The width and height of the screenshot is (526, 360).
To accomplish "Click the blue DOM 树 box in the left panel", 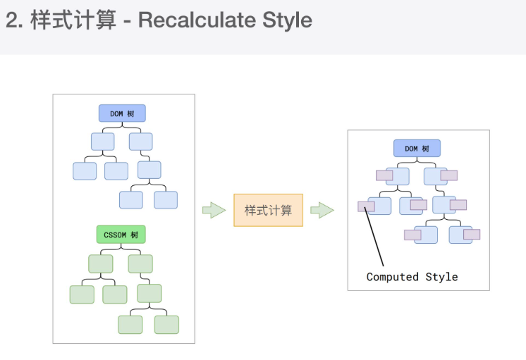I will click(122, 113).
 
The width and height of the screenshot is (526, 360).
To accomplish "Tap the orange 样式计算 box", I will click(268, 210).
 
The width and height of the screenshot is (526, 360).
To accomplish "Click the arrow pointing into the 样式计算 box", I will click(213, 210).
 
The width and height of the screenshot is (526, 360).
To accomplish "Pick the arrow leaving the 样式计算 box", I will click(322, 210).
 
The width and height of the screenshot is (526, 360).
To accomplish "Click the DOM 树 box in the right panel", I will click(417, 148).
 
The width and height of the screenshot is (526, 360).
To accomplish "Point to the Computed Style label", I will click(412, 277).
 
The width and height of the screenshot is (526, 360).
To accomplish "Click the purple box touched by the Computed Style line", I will click(366, 206).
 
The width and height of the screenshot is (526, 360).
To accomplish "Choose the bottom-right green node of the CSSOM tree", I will click(166, 324).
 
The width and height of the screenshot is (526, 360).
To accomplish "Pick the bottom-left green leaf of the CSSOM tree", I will click(82, 294).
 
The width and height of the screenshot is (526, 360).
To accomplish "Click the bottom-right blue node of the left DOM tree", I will click(166, 200).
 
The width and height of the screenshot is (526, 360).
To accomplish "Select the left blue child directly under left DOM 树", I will click(102, 142).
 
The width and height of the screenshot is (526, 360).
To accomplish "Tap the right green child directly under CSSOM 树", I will click(140, 263).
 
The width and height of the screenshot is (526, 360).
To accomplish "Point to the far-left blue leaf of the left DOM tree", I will click(85, 171).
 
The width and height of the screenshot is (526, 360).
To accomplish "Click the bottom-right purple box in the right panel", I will click(472, 234).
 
